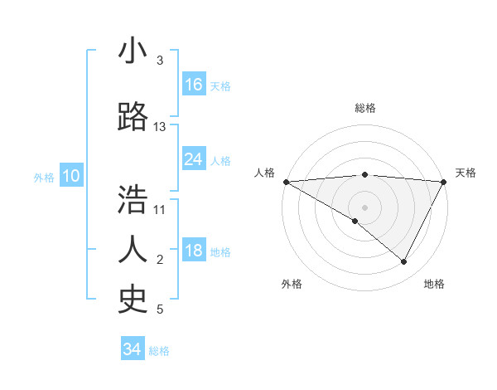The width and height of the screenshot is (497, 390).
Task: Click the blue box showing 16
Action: (194, 84)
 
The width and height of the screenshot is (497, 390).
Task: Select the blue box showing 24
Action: (194, 159)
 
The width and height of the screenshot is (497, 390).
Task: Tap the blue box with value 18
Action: (194, 251)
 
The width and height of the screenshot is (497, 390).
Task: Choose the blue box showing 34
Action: (132, 349)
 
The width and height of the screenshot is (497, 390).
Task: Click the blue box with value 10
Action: (70, 176)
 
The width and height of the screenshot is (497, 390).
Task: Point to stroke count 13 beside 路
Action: (160, 127)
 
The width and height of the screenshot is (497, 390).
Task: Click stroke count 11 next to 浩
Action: (160, 209)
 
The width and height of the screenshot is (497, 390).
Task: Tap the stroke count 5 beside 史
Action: (160, 310)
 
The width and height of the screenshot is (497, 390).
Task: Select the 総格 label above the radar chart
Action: (364, 108)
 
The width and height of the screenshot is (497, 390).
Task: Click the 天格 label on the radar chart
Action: (466, 173)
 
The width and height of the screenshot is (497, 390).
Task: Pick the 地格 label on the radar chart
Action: (434, 284)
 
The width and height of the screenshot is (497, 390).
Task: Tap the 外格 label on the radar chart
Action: (292, 284)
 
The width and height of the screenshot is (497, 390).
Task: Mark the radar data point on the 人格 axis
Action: (286, 181)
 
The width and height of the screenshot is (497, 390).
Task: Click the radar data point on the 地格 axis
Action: (404, 262)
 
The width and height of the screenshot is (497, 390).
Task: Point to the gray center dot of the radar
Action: (364, 207)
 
